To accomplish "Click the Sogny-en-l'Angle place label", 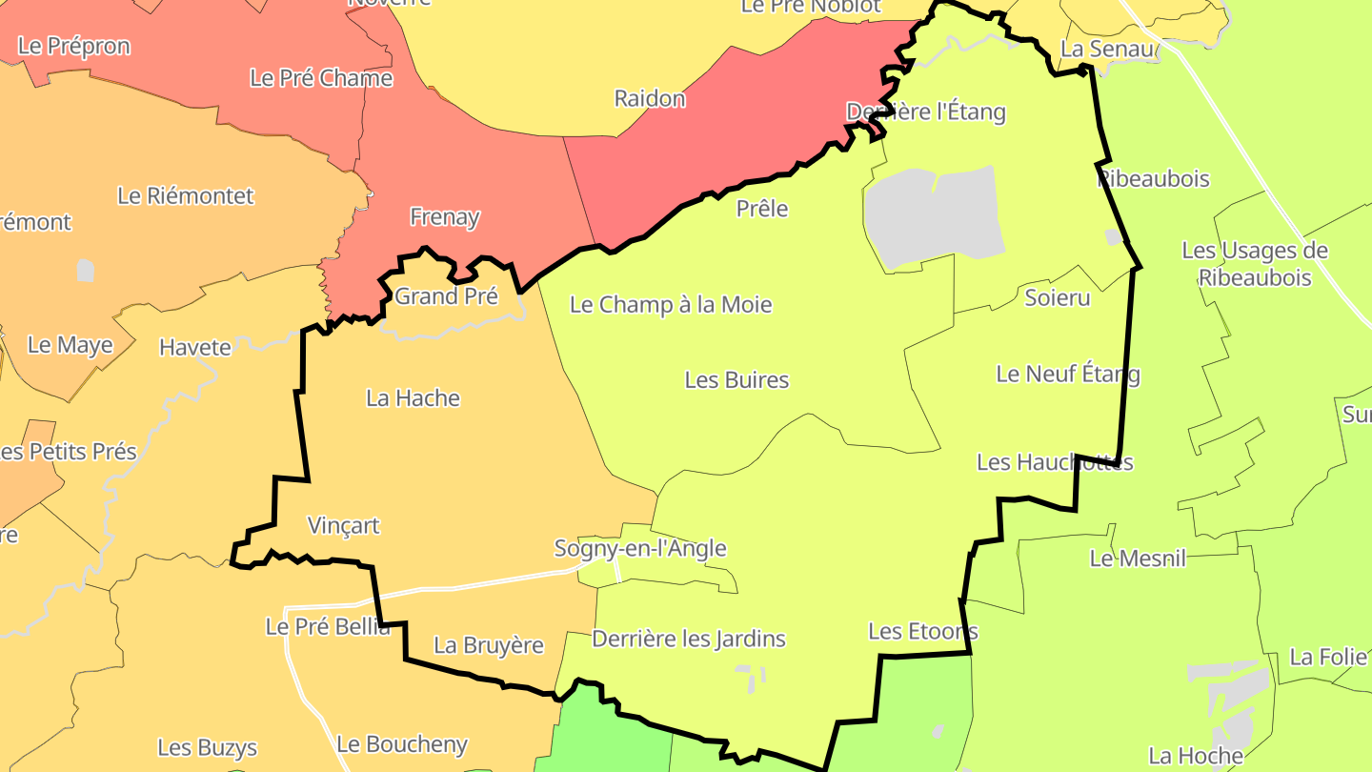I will (x=640, y=548).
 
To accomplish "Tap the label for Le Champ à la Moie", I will (x=671, y=305).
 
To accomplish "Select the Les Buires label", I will (x=736, y=380).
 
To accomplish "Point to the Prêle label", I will (x=762, y=208).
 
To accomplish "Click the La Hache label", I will (x=413, y=398).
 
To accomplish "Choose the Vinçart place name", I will (x=343, y=525).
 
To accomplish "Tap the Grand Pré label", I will (x=446, y=296).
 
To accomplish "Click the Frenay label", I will (x=444, y=217).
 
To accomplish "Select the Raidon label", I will (x=650, y=98).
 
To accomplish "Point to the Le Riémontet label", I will (x=186, y=196).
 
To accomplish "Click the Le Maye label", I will (x=70, y=345).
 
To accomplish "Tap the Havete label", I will (x=194, y=348).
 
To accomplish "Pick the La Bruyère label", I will (x=488, y=645).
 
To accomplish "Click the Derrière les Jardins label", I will (x=689, y=639).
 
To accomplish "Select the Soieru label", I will (x=1057, y=297).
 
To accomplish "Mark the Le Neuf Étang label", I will (x=1067, y=374).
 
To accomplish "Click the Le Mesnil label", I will (x=1138, y=559).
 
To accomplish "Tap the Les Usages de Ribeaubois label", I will (x=1255, y=264).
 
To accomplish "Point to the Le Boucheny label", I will (x=402, y=744).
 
